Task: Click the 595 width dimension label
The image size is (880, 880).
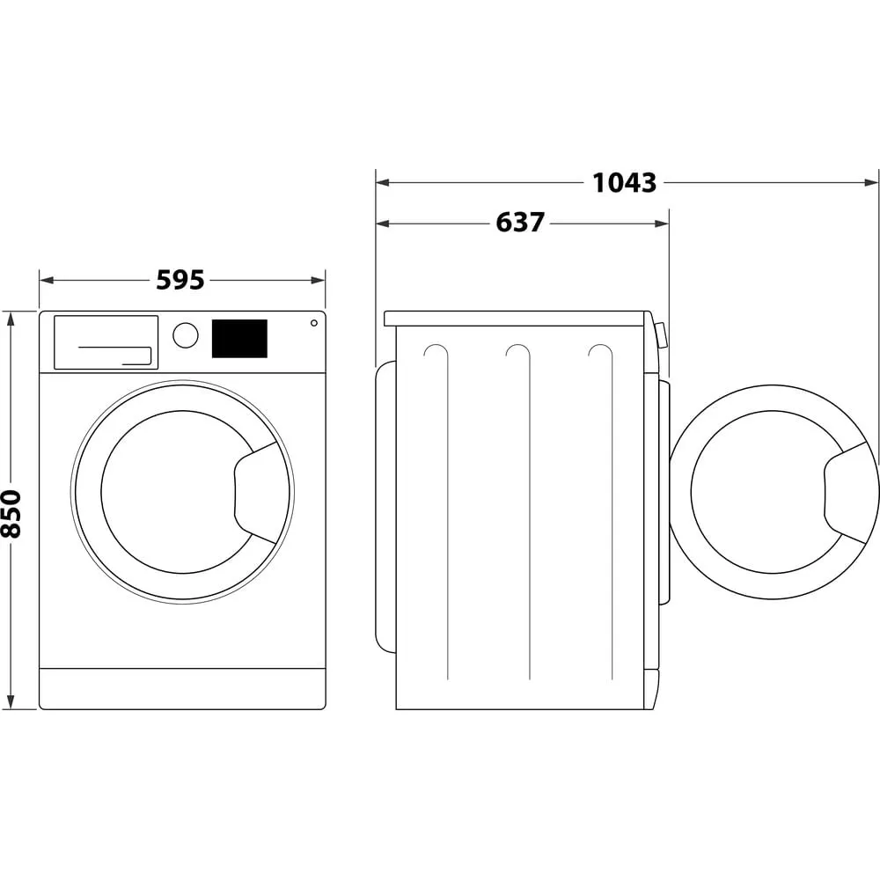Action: [x=180, y=281]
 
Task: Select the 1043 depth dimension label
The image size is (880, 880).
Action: [x=624, y=183]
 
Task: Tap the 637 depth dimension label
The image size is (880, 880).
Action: [x=520, y=224]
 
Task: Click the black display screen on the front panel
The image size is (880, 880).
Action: [x=239, y=339]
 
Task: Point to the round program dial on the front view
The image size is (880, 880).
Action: [x=186, y=335]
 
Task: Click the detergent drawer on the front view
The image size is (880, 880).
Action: [x=106, y=342]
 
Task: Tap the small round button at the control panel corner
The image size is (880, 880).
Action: [x=313, y=323]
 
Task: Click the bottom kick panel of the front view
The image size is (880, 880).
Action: [x=182, y=688]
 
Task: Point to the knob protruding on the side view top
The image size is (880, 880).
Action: [x=661, y=335]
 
